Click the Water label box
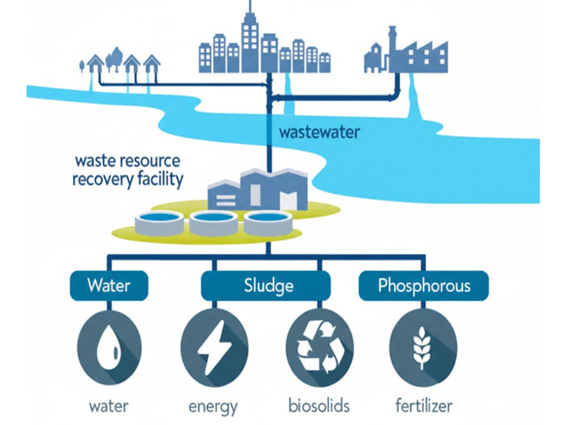109,286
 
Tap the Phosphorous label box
424,286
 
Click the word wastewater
319,133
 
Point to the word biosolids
319,406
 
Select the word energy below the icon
213,407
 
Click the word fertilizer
424,406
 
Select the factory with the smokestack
407,53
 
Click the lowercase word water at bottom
109,406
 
